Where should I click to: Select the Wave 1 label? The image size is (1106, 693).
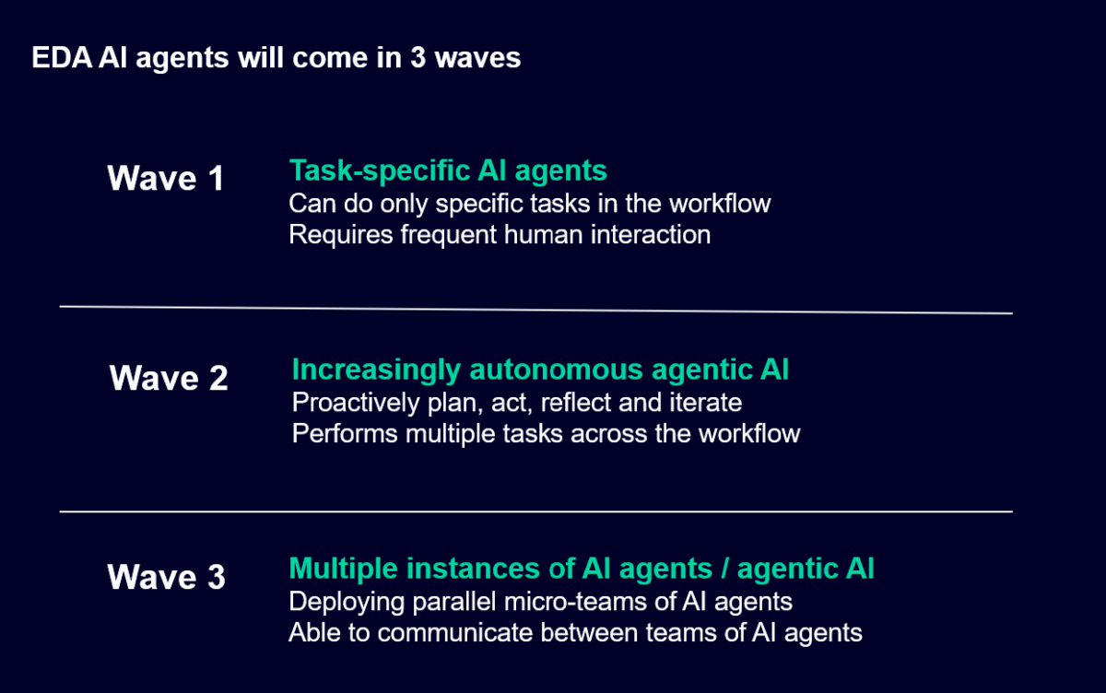(166, 178)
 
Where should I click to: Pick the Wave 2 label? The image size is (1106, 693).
(169, 378)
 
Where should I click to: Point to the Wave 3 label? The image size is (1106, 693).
(166, 578)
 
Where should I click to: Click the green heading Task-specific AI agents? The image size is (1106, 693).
(448, 170)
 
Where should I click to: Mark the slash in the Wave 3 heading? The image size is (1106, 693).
(724, 569)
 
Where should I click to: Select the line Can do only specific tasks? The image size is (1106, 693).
(529, 203)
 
